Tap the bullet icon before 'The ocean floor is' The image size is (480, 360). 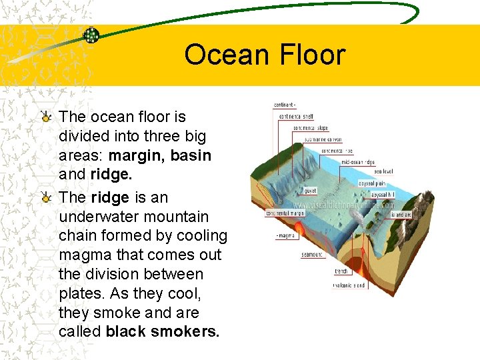[45, 117]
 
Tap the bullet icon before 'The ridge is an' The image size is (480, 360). [45, 198]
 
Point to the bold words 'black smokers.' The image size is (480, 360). [162, 331]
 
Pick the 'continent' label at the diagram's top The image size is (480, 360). [285, 105]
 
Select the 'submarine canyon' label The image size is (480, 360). [323, 139]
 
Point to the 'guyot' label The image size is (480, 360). [311, 191]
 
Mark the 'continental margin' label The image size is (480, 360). [285, 213]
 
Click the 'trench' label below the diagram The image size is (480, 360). [341, 271]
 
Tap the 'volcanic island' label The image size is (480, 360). [351, 285]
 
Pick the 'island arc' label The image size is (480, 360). [401, 215]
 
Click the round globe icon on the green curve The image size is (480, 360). [91, 35]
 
